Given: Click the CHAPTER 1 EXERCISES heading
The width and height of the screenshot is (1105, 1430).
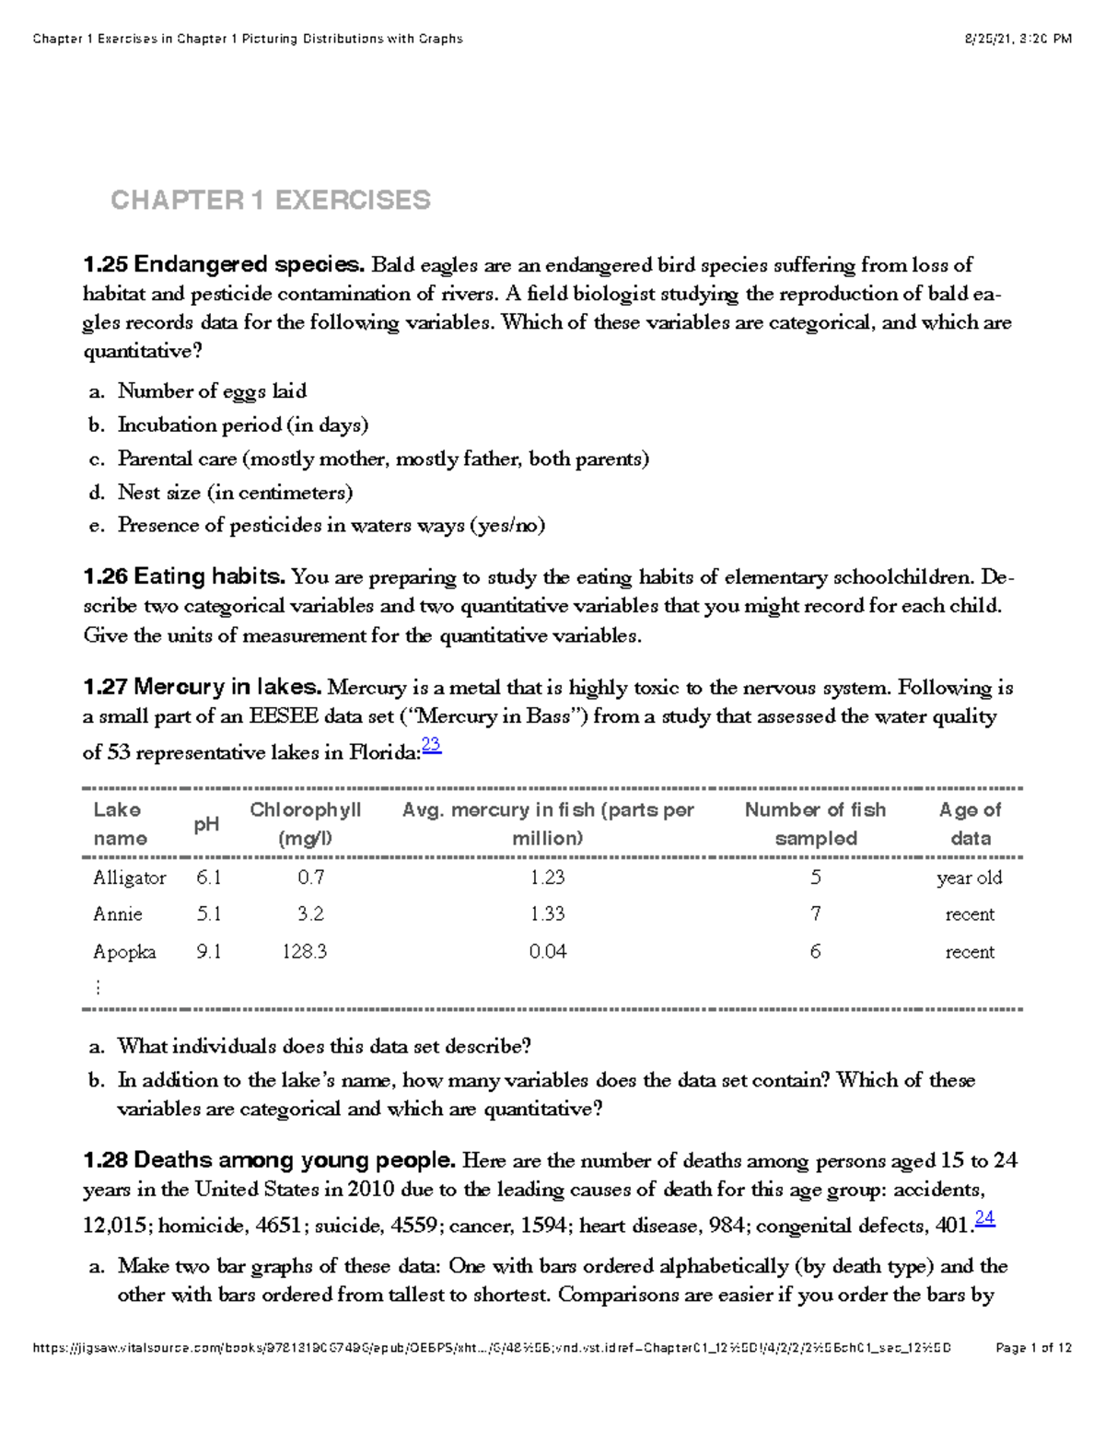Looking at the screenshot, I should click(270, 200).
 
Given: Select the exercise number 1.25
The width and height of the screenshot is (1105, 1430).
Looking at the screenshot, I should click(105, 265).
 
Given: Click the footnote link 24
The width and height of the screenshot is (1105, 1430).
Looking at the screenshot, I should click(984, 1218).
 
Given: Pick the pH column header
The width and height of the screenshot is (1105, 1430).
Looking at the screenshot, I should click(206, 824).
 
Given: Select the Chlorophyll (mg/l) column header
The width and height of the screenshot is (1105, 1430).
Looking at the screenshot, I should click(305, 824).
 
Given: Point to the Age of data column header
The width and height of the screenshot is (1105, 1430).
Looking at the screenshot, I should click(970, 824).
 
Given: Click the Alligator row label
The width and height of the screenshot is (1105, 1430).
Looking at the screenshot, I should click(129, 878).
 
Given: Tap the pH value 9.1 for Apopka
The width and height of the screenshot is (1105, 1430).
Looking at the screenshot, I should click(208, 952).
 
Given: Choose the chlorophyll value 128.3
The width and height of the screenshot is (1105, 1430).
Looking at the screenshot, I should click(305, 952).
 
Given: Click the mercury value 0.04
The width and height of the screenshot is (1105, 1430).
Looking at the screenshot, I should click(547, 952).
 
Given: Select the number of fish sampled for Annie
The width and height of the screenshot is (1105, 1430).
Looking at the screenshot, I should click(815, 914).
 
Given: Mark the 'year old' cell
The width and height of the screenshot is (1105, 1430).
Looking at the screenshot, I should click(970, 878).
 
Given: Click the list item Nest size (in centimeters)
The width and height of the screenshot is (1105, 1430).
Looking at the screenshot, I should click(235, 493).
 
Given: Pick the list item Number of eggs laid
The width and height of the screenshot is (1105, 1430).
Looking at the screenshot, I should click(212, 391).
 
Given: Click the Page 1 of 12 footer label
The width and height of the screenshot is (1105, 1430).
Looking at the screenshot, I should click(1033, 1348).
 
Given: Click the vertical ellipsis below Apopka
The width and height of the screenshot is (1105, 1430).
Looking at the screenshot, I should click(98, 987).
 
